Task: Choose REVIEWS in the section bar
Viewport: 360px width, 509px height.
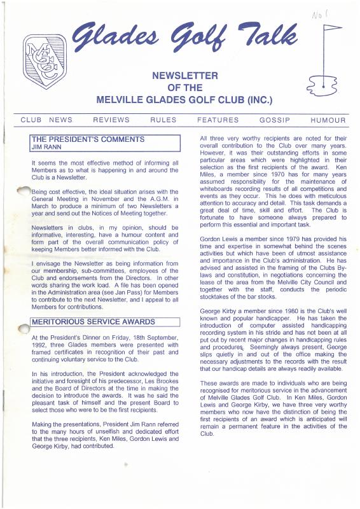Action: pyautogui.click(x=111, y=120)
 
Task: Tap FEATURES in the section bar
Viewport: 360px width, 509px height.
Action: pyautogui.click(x=218, y=120)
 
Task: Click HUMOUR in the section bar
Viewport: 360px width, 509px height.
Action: pyautogui.click(x=328, y=120)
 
